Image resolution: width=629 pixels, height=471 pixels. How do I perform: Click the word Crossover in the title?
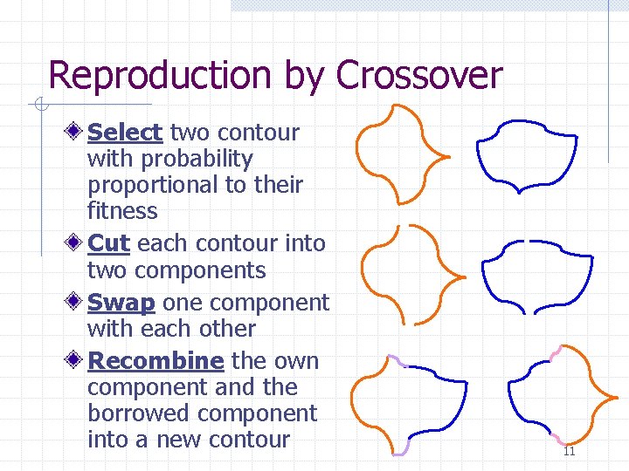419,76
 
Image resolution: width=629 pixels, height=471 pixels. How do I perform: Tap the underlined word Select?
125,133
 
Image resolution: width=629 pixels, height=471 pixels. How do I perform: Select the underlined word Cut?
109,243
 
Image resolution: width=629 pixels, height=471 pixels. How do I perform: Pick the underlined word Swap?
121,303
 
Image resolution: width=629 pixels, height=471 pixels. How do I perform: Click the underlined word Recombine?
156,361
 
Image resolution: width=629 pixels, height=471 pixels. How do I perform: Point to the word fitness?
122,211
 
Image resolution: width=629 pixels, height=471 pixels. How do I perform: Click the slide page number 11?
569,451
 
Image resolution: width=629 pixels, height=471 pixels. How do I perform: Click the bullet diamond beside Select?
76,133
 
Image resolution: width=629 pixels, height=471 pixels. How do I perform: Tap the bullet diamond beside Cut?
76,243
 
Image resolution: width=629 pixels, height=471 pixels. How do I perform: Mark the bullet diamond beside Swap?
76,303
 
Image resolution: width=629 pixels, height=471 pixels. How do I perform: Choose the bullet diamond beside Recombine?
76,361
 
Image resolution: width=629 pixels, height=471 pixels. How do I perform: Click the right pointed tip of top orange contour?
447,158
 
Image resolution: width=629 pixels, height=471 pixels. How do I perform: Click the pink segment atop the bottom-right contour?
556,353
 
